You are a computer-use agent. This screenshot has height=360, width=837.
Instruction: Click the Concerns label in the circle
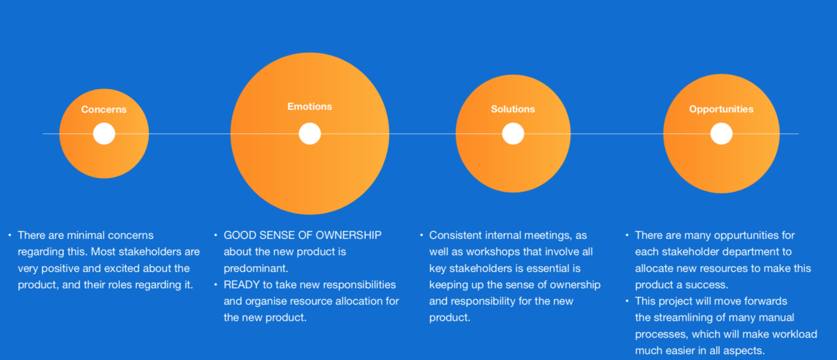104,109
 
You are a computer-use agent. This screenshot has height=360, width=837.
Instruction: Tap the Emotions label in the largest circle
310,106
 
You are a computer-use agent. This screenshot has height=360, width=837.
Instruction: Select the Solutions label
513,109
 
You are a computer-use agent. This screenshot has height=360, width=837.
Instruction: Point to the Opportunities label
721,109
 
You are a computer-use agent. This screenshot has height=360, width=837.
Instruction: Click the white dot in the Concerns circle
104,133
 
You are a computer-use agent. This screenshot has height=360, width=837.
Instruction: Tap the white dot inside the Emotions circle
310,133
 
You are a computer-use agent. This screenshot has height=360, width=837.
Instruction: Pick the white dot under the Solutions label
513,133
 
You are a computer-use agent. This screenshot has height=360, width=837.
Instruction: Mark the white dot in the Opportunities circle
721,133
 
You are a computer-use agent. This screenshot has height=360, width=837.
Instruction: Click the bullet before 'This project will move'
627,301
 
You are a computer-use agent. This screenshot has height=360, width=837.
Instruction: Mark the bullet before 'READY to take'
216,285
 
